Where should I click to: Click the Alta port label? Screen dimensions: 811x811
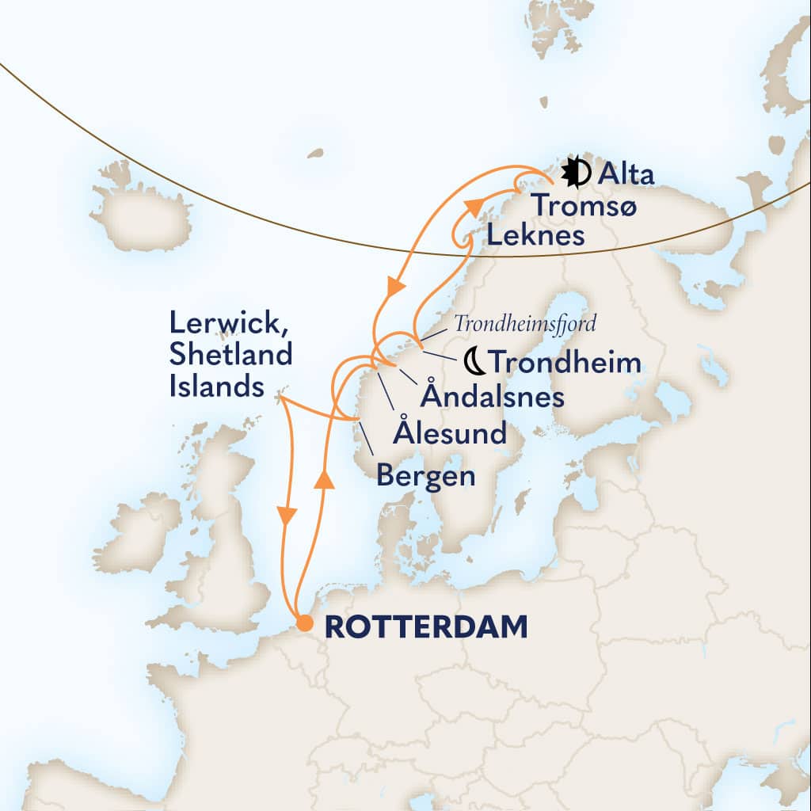[x=626, y=173]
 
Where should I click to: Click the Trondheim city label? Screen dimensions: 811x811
[x=565, y=363]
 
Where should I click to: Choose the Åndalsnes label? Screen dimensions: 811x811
[x=492, y=396]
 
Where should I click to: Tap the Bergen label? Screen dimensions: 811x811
[x=426, y=475]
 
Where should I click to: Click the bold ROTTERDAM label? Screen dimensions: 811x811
[x=426, y=626]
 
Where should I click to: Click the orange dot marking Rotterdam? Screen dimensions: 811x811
[x=303, y=625]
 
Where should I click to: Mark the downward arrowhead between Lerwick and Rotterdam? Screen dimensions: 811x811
[x=287, y=516]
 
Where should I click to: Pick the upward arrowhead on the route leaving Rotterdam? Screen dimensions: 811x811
[x=322, y=480]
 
